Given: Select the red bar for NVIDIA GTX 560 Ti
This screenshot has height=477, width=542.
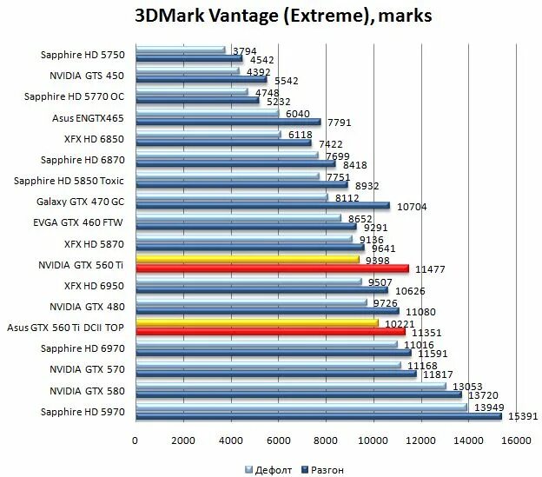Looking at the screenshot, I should (271, 269).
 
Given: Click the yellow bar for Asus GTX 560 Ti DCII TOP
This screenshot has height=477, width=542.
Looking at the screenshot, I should (256, 323).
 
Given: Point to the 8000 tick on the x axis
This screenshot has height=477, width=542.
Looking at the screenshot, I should (327, 441).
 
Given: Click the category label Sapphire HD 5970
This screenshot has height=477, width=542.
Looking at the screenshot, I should (83, 411).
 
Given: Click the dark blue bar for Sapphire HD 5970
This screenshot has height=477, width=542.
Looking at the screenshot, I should (318, 417).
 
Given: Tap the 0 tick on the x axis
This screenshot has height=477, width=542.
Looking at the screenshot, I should (135, 441).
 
